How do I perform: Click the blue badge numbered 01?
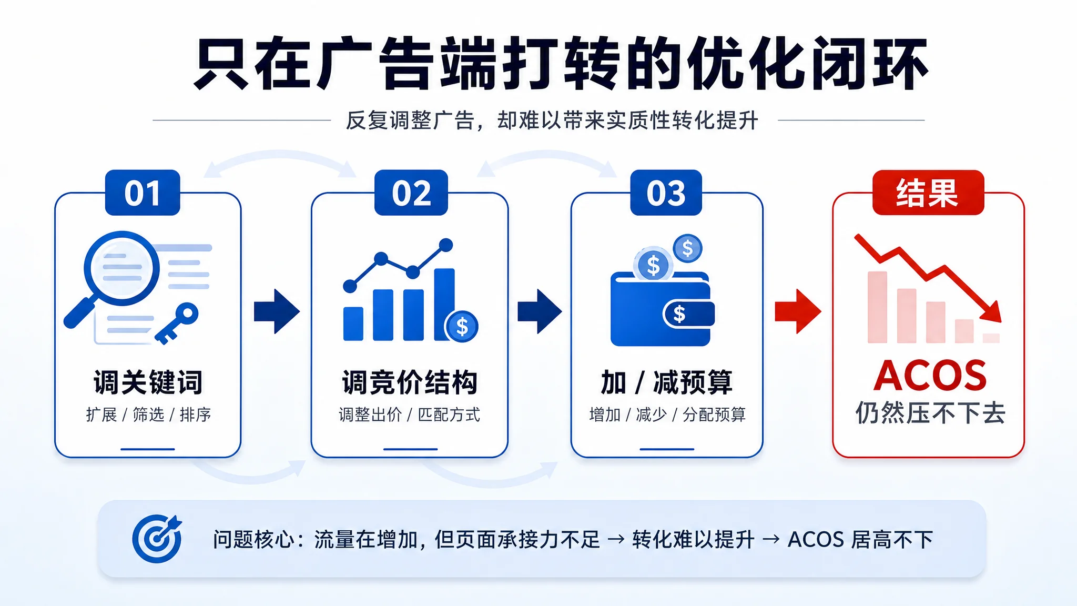tap(143, 193)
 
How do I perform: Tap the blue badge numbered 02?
tap(411, 193)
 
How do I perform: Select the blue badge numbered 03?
tap(666, 193)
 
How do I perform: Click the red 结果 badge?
tap(928, 193)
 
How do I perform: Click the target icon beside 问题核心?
tap(157, 539)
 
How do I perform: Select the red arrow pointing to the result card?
tap(798, 311)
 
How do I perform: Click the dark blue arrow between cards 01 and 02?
tap(277, 311)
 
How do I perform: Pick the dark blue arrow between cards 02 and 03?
tap(540, 311)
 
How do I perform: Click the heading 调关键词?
tap(148, 382)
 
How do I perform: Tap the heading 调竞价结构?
tap(410, 382)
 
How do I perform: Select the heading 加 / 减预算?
tap(666, 382)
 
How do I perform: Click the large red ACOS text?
tap(930, 376)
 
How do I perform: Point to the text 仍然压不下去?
tap(930, 413)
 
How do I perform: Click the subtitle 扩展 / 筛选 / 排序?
tap(148, 415)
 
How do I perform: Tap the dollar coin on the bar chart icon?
tap(461, 327)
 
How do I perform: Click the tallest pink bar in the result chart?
tap(877, 307)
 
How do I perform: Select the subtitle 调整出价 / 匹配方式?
tap(410, 415)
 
